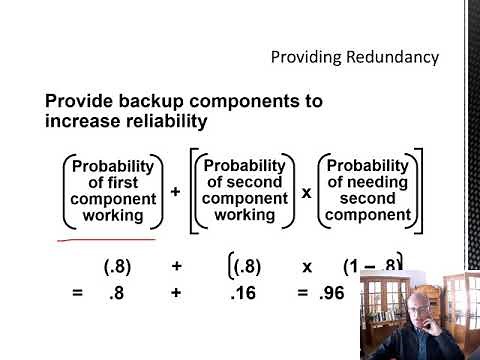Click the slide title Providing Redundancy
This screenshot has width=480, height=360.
coord(355,57)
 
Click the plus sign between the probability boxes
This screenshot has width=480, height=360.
coord(175,190)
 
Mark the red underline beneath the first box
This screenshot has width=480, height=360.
coord(106,240)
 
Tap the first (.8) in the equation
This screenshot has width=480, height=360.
coord(118,267)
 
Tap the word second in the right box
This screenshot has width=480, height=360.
coord(367,198)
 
